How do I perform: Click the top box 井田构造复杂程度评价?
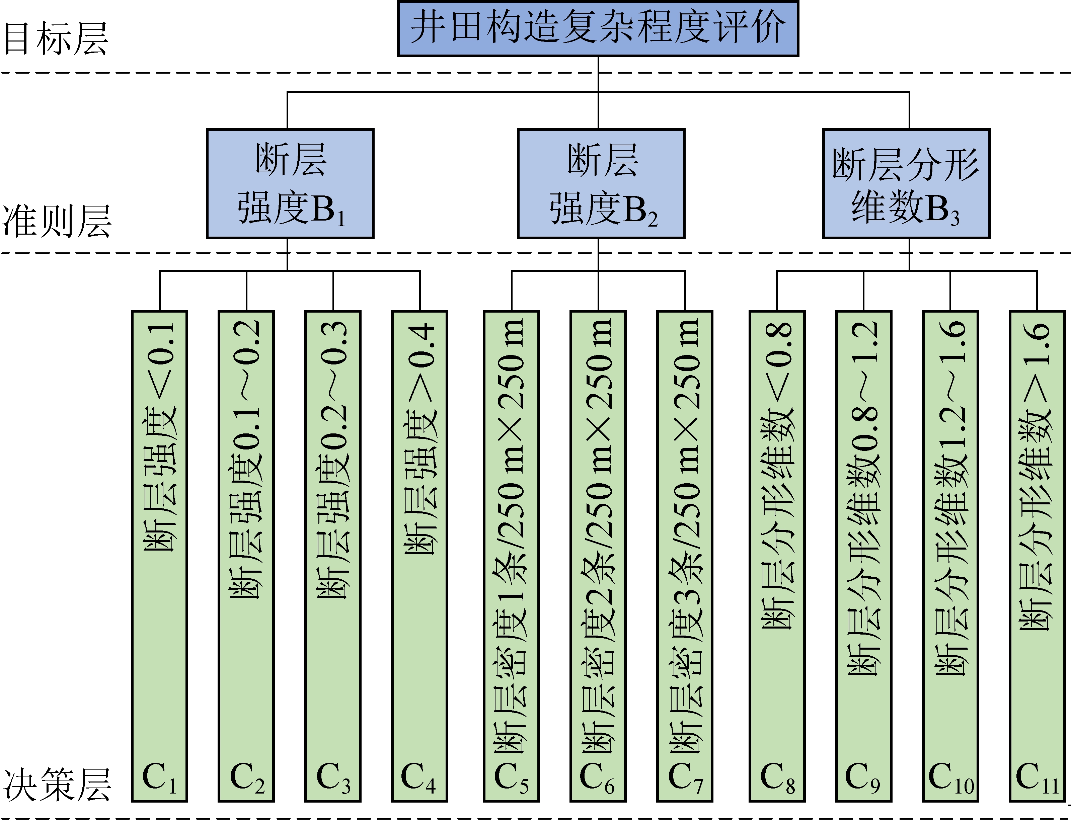pos(598,28)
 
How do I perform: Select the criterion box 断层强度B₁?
pos(290,184)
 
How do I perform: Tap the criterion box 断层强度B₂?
pos(601,184)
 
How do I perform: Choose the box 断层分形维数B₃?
pos(906,184)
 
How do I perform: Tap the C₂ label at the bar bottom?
pos(247,777)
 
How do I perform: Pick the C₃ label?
pos(333,777)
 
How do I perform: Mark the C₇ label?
pos(685,777)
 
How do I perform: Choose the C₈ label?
pos(777,777)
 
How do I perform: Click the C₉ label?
pos(863,777)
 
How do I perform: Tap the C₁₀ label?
pos(951,777)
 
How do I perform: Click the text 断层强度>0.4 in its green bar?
pos(420,439)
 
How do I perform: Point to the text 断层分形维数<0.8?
pos(777,476)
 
